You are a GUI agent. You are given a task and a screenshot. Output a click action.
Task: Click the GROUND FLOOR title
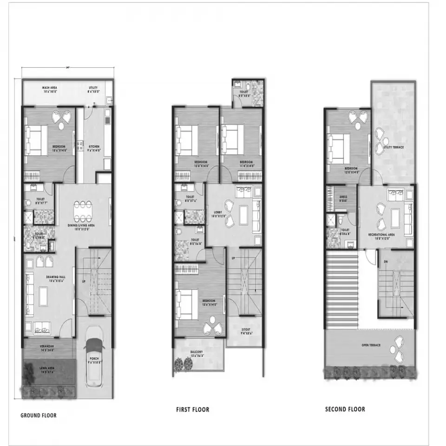click(x=39, y=415)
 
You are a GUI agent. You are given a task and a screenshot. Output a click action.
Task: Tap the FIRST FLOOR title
click(x=192, y=409)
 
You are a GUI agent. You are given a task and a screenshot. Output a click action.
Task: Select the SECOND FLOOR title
click(x=345, y=409)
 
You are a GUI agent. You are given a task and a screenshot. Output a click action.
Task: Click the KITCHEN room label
click(x=93, y=147)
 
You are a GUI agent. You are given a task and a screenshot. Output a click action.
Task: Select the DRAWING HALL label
click(x=55, y=277)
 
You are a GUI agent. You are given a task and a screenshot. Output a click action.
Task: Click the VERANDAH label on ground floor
click(x=47, y=347)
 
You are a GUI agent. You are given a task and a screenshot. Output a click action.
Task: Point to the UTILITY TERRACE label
click(x=393, y=147)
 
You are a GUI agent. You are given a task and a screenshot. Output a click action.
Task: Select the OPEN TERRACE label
click(x=371, y=345)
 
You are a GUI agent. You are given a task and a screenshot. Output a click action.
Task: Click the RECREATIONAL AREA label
click(x=381, y=235)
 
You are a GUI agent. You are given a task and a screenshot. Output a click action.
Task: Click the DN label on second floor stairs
click(x=385, y=262)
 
